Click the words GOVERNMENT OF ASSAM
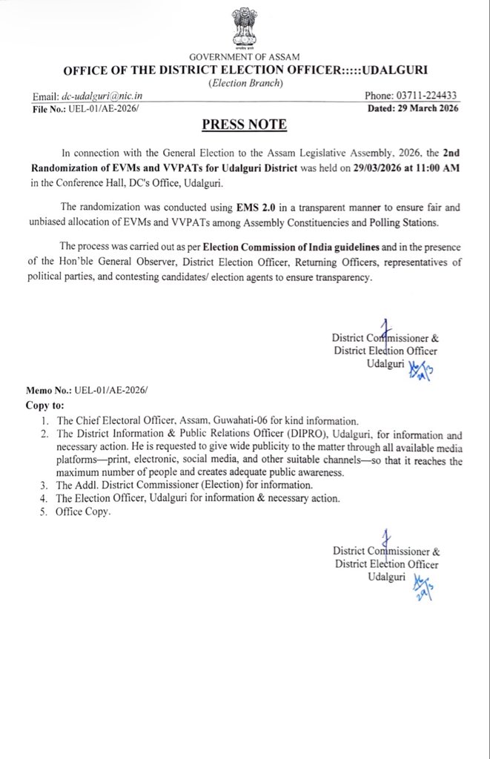click(245, 58)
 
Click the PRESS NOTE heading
click(245, 123)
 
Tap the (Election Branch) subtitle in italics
click(245, 83)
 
